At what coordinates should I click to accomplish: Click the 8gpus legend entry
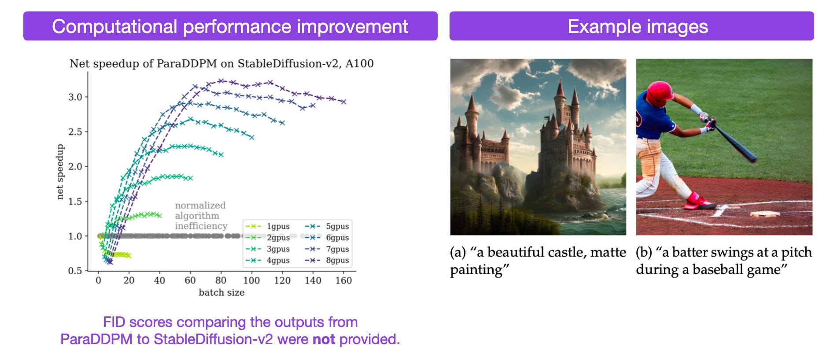point(337,260)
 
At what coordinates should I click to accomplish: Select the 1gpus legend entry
point(278,226)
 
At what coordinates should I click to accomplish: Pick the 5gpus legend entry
point(337,226)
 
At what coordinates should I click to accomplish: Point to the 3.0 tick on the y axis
point(75,97)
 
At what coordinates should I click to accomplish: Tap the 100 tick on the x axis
point(251,280)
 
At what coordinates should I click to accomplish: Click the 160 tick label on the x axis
point(343,280)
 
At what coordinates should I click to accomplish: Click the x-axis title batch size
point(221,293)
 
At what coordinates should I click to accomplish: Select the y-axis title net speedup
point(60,172)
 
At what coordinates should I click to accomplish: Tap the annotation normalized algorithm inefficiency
point(200,216)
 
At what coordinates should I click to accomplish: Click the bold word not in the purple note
point(324,339)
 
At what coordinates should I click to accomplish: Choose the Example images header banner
point(631,26)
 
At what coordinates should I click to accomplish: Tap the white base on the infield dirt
point(765,214)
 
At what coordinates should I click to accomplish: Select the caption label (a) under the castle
point(458,252)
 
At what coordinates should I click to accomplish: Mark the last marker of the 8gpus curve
point(344,102)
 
